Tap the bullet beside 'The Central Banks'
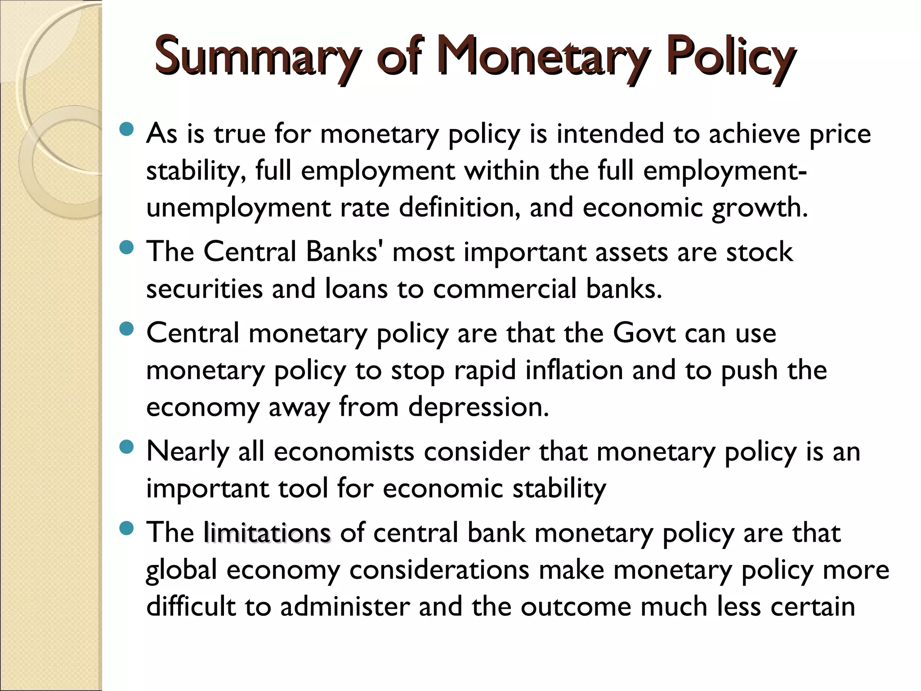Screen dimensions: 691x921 pyautogui.click(x=127, y=248)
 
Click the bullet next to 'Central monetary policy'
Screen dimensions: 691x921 pyautogui.click(x=127, y=330)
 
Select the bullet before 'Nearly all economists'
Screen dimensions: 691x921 pyautogui.click(x=127, y=448)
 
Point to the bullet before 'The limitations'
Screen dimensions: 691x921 pyautogui.click(x=127, y=529)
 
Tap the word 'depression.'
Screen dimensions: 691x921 pyautogui.click(x=478, y=408)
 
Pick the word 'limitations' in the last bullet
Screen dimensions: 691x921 pyautogui.click(x=267, y=533)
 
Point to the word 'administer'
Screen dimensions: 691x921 pyautogui.click(x=344, y=607)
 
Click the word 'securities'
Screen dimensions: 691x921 pyautogui.click(x=204, y=289)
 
